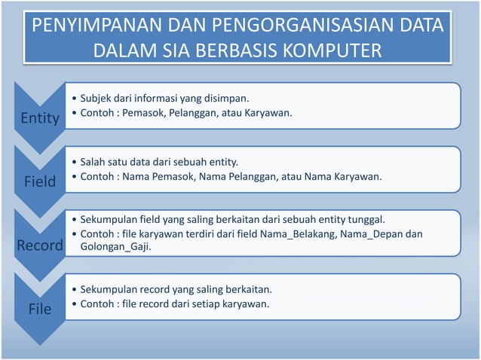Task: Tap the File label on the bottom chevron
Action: [39, 308]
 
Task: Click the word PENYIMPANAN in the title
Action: [81, 29]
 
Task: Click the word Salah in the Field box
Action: [93, 162]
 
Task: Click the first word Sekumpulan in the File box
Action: [109, 289]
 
